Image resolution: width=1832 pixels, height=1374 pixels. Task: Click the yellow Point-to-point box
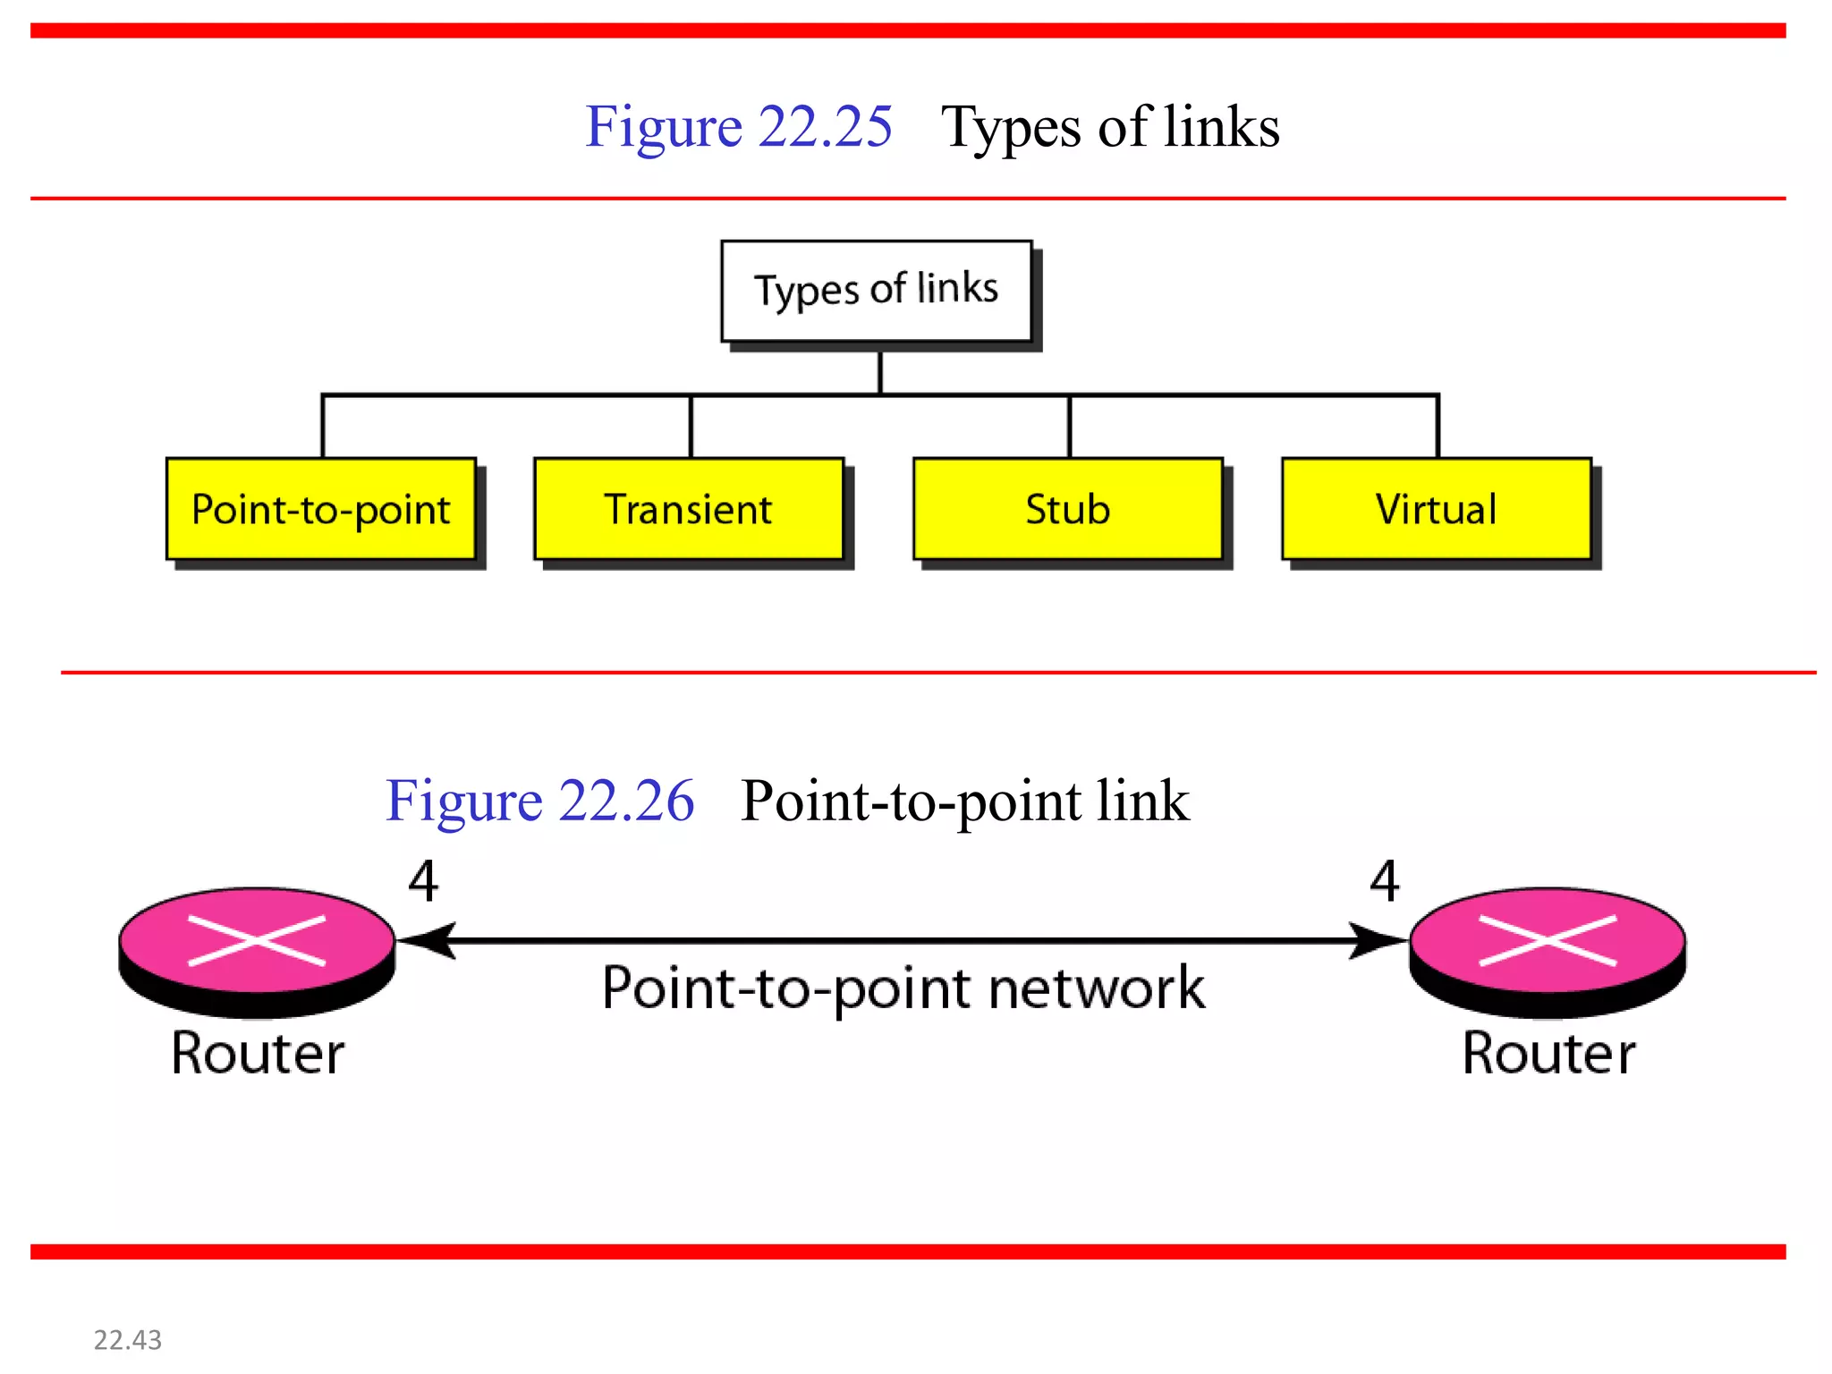320,509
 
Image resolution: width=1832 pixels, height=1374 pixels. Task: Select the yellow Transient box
689,509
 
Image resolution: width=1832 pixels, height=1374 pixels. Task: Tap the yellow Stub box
1067,509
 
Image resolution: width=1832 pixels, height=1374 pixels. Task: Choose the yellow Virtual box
1436,509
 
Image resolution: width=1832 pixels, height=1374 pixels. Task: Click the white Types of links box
877,291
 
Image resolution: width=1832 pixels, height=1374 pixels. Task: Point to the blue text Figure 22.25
738,126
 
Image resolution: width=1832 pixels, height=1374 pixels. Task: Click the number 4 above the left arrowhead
423,881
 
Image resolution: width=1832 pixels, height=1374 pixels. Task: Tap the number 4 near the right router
1385,881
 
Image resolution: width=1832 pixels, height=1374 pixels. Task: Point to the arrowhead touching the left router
428,941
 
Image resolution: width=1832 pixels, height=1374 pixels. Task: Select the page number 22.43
128,1340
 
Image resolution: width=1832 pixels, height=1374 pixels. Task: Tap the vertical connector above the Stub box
1069,427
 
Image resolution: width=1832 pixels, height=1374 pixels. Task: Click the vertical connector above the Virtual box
1438,427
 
